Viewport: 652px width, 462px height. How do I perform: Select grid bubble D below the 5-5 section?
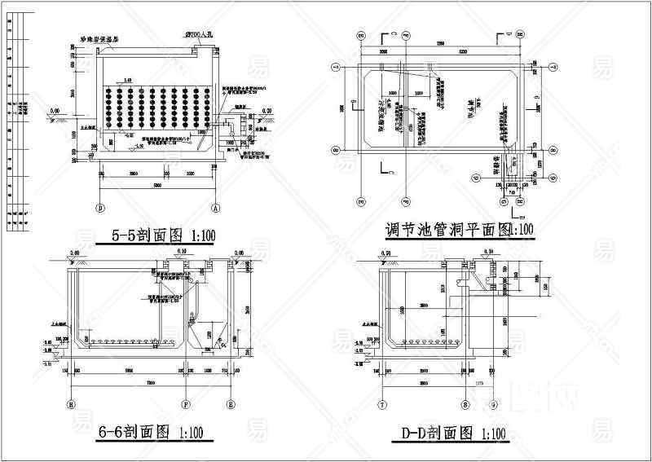pos(100,205)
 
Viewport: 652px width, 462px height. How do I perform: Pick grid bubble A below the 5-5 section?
pos(216,205)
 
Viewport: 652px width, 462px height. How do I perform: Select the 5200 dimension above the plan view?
pos(462,52)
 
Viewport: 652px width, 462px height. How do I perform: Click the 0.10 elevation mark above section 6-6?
pos(181,253)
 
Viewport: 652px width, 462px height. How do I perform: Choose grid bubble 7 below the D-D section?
pos(381,403)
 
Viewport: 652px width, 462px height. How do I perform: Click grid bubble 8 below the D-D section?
pos(465,403)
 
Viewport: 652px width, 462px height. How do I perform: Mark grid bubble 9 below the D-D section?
pos(493,403)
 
